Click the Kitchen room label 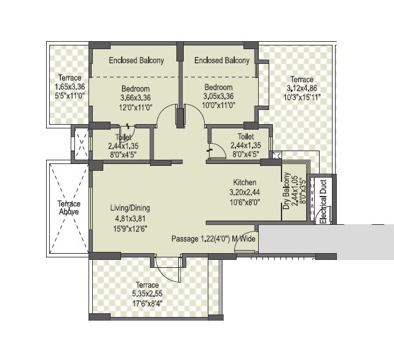[x=245, y=182]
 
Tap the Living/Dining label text [x=130, y=208]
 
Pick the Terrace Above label [x=69, y=208]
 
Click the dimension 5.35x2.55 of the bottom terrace [x=148, y=294]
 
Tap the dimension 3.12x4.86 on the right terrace [x=302, y=88]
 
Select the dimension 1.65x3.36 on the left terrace [x=70, y=87]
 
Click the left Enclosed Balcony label [x=136, y=60]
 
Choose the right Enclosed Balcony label [x=222, y=60]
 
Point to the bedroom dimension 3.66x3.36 [x=136, y=97]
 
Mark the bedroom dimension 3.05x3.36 [x=218, y=96]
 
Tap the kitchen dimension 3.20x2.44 [x=245, y=192]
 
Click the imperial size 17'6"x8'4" [x=148, y=303]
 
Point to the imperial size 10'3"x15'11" [x=302, y=96]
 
